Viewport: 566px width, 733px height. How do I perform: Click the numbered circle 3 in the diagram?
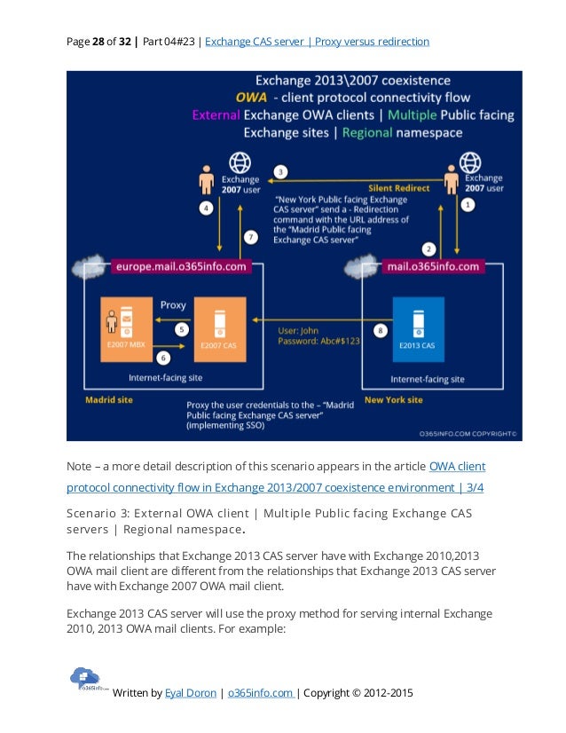click(280, 171)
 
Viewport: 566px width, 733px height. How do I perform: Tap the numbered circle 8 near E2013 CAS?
click(381, 330)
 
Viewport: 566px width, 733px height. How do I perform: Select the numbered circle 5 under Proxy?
click(182, 329)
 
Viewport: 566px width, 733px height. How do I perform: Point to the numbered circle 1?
click(468, 203)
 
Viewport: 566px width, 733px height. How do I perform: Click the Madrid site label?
click(108, 399)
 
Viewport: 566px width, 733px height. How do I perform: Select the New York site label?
click(393, 399)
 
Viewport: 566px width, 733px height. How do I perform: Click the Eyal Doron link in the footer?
click(190, 693)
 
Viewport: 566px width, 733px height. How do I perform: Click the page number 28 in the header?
click(98, 41)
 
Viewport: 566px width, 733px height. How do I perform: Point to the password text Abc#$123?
click(337, 341)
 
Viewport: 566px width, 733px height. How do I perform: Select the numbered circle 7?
click(251, 237)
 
